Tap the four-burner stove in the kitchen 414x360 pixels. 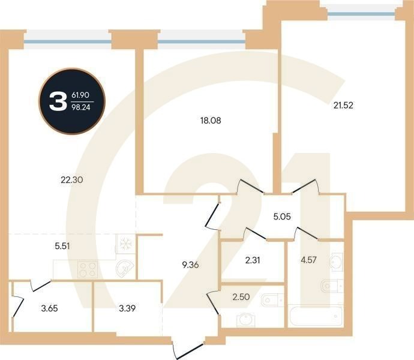[87, 269]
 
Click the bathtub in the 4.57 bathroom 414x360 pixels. [314, 315]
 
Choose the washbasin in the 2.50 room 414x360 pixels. [245, 319]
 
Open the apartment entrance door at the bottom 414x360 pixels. [191, 349]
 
